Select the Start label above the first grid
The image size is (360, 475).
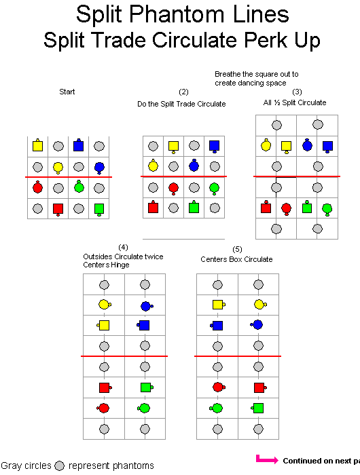(x=67, y=92)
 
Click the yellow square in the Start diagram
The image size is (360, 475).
(x=37, y=145)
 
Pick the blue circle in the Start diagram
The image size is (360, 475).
(x=99, y=168)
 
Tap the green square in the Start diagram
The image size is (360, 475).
(x=99, y=209)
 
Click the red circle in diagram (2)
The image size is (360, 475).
(x=173, y=188)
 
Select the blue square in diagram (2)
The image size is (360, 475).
(x=215, y=147)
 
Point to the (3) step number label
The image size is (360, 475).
(x=297, y=92)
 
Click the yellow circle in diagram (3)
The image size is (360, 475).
(x=266, y=145)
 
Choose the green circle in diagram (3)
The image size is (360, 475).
(x=327, y=209)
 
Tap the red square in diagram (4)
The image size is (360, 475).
(x=105, y=387)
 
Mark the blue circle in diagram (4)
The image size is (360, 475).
(x=147, y=306)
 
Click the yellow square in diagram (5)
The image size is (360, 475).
(x=219, y=305)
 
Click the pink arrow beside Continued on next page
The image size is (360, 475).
(x=266, y=459)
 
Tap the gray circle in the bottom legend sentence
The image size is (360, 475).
(x=60, y=466)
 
